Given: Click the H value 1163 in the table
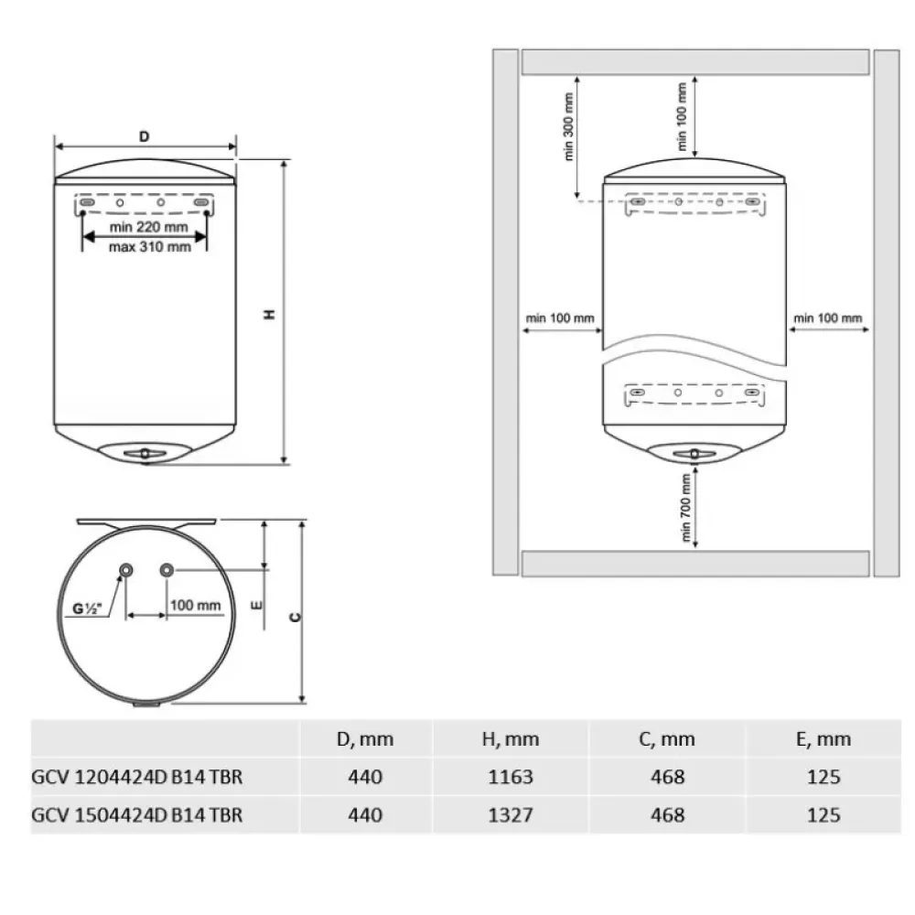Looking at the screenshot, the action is [x=511, y=777].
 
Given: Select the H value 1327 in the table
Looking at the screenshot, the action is [x=511, y=814].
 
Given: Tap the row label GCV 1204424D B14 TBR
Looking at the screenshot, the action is [x=137, y=777].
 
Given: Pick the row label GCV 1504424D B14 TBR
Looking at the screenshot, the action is [x=137, y=814].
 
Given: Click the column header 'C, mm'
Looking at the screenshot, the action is [x=667, y=739].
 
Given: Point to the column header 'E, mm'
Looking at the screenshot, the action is [x=823, y=739].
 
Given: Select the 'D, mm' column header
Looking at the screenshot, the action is [x=365, y=739].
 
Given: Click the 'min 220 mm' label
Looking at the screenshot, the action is [x=149, y=226].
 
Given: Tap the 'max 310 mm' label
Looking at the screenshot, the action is [x=150, y=247].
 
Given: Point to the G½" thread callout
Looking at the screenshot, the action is [x=87, y=608].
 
